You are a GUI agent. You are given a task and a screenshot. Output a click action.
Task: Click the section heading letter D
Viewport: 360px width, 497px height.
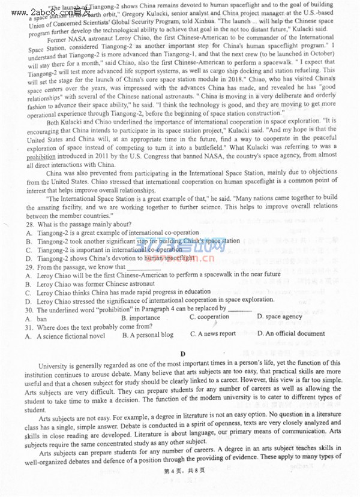(x=182, y=354)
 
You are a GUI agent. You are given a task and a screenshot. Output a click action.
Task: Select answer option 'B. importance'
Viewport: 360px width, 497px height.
(x=140, y=317)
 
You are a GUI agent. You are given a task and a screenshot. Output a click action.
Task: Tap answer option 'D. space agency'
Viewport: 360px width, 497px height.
(x=280, y=316)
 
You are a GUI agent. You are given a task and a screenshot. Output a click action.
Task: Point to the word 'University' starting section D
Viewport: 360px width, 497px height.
(x=53, y=364)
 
